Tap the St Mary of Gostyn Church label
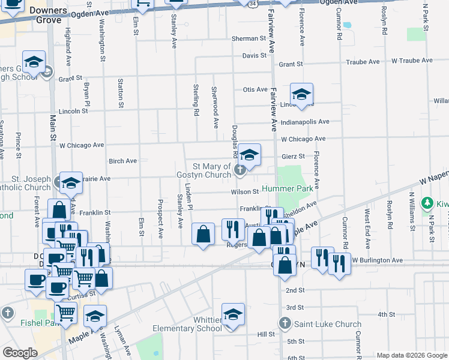click(211, 170)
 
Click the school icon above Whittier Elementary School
click(233, 314)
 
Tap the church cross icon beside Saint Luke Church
click(287, 325)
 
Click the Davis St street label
click(254, 56)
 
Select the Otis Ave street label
click(255, 89)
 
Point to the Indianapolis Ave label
click(305, 122)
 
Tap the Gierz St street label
click(294, 156)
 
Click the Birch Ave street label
click(122, 161)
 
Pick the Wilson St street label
click(245, 192)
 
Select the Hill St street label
click(265, 334)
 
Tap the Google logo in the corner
click(20, 352)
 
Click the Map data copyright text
click(411, 355)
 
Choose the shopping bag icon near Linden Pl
click(203, 233)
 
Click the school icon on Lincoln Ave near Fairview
click(301, 94)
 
